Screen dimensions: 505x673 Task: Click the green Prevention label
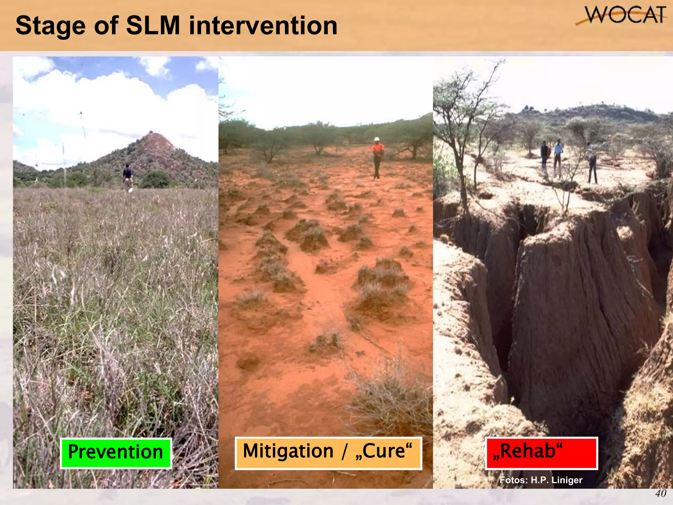[116, 453]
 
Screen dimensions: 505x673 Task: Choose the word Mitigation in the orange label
[288, 451]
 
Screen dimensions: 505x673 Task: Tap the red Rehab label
[541, 453]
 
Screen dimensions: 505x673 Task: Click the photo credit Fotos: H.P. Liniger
[541, 480]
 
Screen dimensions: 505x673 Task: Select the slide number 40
[661, 493]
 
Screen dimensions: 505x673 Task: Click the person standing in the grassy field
[128, 178]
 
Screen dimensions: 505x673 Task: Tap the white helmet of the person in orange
[377, 139]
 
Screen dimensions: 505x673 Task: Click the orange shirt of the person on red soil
[378, 150]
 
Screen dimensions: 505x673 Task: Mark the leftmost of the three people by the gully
[545, 156]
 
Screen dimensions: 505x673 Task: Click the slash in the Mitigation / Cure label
[344, 452]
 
